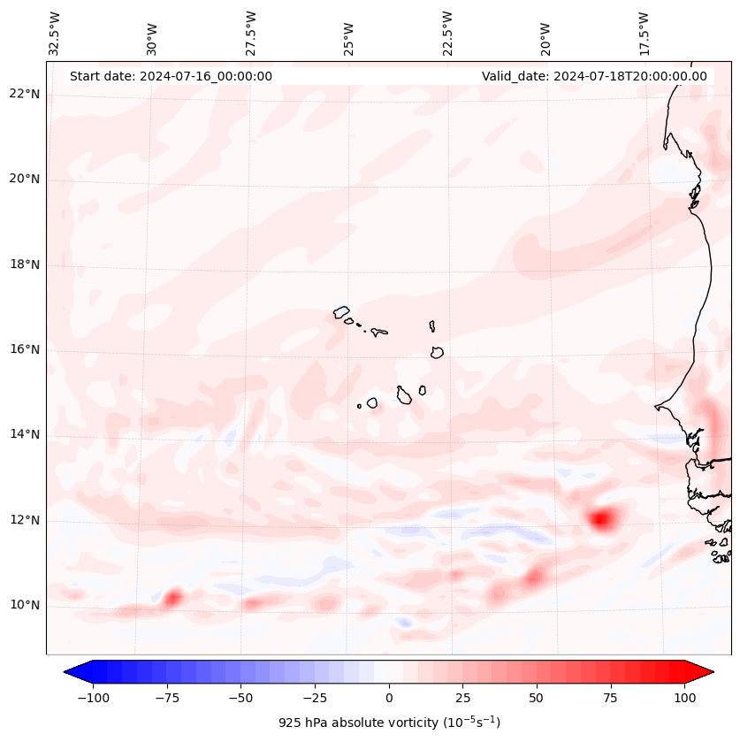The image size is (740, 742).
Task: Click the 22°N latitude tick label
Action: click(x=25, y=95)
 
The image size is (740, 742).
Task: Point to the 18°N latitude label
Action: click(x=25, y=264)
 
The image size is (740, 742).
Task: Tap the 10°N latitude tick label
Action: click(x=25, y=605)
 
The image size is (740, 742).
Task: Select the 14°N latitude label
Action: click(x=25, y=434)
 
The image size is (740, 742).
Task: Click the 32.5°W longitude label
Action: click(x=55, y=33)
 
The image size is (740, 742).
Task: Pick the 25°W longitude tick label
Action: click(x=349, y=34)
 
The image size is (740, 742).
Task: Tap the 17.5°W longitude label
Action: click(x=644, y=33)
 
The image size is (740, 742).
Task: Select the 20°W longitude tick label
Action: click(x=545, y=34)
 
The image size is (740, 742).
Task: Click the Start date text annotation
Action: click(x=171, y=76)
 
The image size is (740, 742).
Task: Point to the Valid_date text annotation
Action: click(x=594, y=76)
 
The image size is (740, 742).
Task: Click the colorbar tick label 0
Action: click(x=388, y=697)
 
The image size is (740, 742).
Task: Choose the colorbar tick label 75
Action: click(x=610, y=697)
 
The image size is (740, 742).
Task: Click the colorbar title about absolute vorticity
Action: click(x=389, y=723)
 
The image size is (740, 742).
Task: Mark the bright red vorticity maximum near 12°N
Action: click(x=601, y=518)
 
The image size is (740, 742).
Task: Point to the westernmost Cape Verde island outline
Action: click(x=341, y=311)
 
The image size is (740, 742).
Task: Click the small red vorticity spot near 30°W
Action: click(x=172, y=598)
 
